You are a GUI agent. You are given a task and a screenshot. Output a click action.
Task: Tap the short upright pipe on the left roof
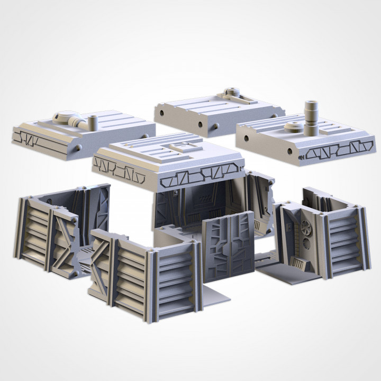click(93, 122)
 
